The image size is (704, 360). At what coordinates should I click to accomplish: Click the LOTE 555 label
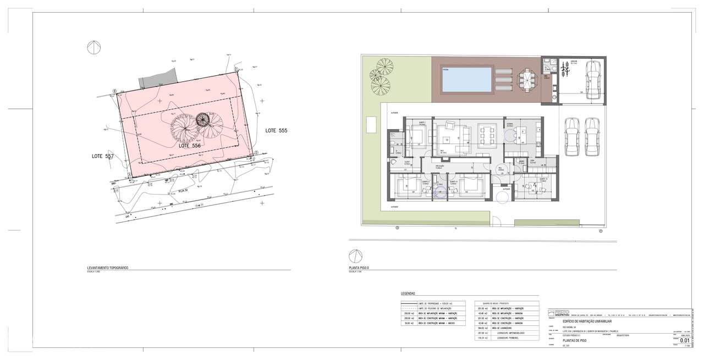tap(276, 131)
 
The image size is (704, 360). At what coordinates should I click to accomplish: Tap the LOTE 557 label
tap(102, 157)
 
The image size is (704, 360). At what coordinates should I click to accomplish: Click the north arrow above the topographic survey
tap(94, 48)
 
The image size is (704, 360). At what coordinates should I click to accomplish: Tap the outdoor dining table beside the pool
tap(526, 81)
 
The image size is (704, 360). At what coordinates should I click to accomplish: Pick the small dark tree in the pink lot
tap(203, 119)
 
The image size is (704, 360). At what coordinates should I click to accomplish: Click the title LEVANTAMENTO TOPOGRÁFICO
tap(107, 268)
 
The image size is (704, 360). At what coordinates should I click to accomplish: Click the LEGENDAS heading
tap(408, 294)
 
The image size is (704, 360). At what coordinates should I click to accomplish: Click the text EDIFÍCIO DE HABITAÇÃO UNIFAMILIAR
tap(584, 321)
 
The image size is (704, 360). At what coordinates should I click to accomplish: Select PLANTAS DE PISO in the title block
tap(575, 341)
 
